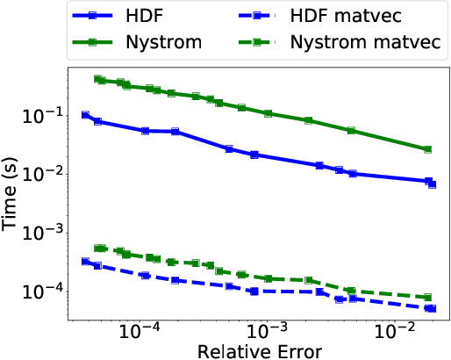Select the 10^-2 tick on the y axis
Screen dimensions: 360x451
(x=40, y=174)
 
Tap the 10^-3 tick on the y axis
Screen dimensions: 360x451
(x=40, y=232)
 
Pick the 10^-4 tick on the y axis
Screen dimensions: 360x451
(x=40, y=291)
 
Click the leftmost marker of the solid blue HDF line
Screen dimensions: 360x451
(x=85, y=115)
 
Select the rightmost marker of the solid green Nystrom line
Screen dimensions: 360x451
(x=427, y=150)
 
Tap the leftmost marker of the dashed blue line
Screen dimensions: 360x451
(x=85, y=262)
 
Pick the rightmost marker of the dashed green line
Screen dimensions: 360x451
(x=427, y=298)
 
